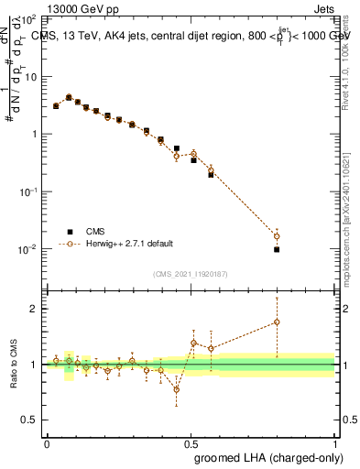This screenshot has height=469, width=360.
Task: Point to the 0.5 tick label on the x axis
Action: coord(191,442)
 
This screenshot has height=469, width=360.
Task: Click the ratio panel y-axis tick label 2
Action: coord(33,309)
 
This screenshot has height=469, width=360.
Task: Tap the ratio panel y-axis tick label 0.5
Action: coord(29,420)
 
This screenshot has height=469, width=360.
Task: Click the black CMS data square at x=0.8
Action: coord(277,249)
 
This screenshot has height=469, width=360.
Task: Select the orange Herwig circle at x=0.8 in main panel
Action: coord(277,236)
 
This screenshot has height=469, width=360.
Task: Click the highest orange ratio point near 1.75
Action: coord(277,322)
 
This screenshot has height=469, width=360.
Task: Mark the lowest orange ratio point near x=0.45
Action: coord(176,389)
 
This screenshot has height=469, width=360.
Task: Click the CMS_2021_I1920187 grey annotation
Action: coord(191,273)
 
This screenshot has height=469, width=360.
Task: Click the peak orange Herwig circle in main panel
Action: coord(69,97)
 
